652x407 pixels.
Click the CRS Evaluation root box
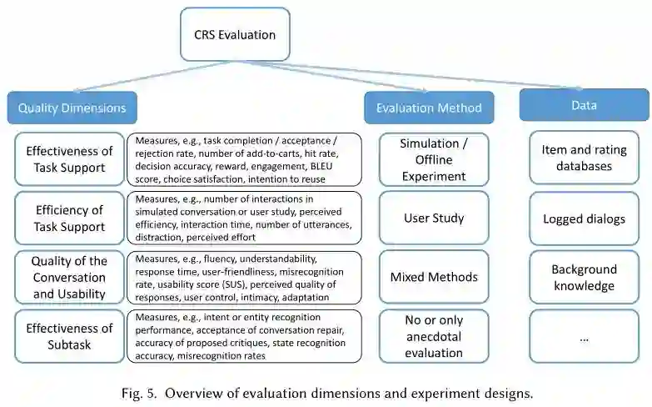coord(235,35)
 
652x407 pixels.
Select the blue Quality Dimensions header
coord(72,108)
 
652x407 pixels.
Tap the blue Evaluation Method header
coord(428,108)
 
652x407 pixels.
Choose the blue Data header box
coord(583,105)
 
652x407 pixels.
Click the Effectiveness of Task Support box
coord(69,159)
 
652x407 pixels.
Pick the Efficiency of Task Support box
coord(69,219)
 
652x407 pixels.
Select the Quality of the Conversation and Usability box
coord(69,278)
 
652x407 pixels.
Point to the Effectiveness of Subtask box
coord(69,336)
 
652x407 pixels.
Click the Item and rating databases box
coord(584,158)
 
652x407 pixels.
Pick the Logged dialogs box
coord(584,219)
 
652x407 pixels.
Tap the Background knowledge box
coord(584,278)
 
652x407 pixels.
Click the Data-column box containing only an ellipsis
coord(584,337)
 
